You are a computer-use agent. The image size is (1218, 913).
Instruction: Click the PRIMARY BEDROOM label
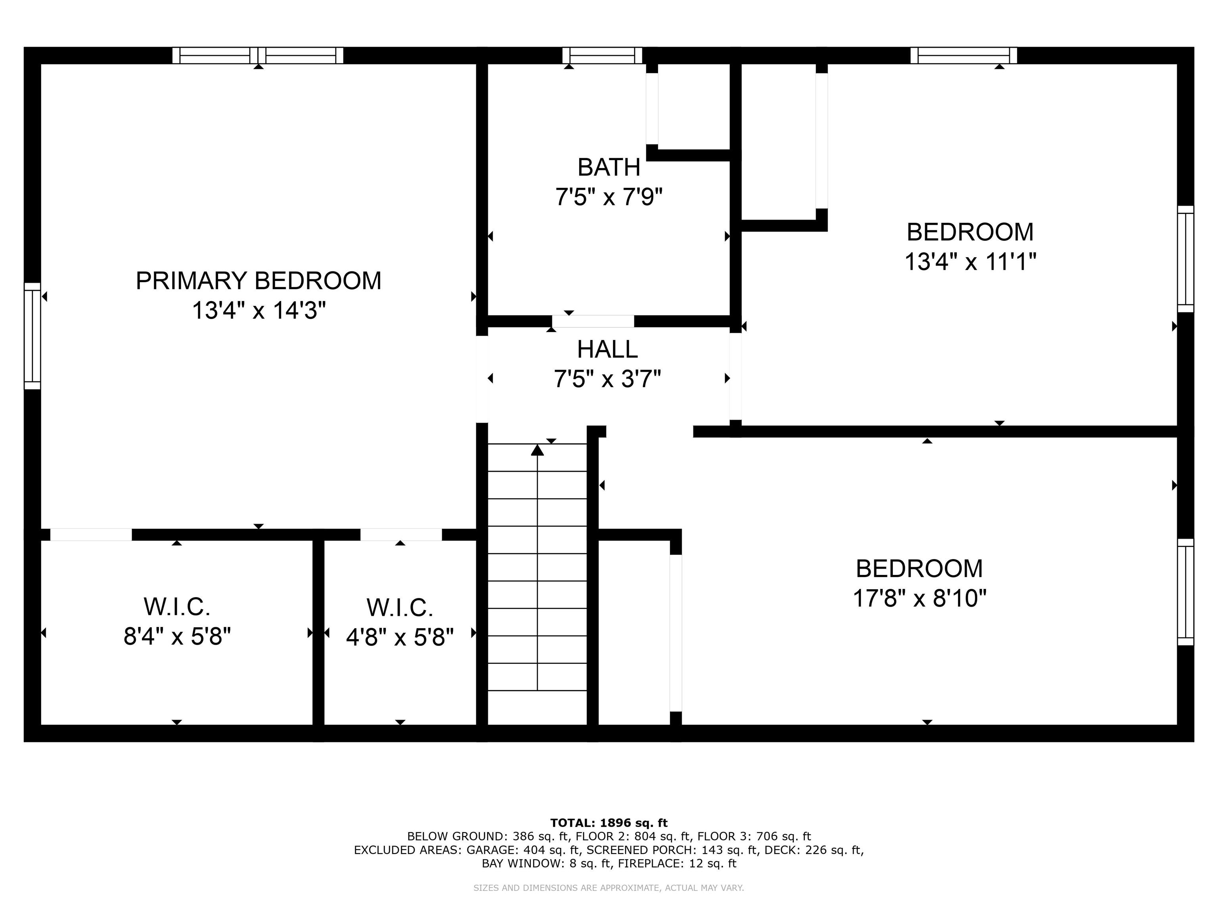click(x=258, y=281)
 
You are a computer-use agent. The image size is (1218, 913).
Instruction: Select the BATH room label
click(x=609, y=167)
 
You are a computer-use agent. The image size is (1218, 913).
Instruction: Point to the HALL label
click(x=607, y=349)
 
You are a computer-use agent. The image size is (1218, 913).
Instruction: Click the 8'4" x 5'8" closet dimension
click(x=177, y=637)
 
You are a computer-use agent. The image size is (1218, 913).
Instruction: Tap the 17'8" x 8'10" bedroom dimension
click(x=919, y=598)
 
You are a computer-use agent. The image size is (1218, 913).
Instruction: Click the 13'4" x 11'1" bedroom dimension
click(x=970, y=262)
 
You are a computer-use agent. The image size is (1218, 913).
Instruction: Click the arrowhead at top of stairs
click(x=537, y=450)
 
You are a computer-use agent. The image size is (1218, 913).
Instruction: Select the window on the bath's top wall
click(x=602, y=55)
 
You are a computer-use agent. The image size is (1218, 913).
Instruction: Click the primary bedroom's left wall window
click(x=33, y=336)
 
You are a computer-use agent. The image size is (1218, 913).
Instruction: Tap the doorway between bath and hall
click(x=593, y=321)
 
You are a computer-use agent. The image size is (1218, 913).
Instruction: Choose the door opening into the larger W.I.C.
click(x=91, y=535)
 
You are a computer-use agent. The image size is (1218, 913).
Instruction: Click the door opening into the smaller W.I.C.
click(x=401, y=535)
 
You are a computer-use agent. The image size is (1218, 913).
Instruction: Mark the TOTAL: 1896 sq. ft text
click(x=609, y=823)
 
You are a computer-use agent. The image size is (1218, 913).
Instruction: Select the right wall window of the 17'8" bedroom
click(x=1185, y=592)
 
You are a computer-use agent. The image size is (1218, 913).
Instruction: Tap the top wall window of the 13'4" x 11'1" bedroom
click(x=963, y=55)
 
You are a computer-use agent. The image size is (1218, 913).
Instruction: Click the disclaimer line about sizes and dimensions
click(x=609, y=888)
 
